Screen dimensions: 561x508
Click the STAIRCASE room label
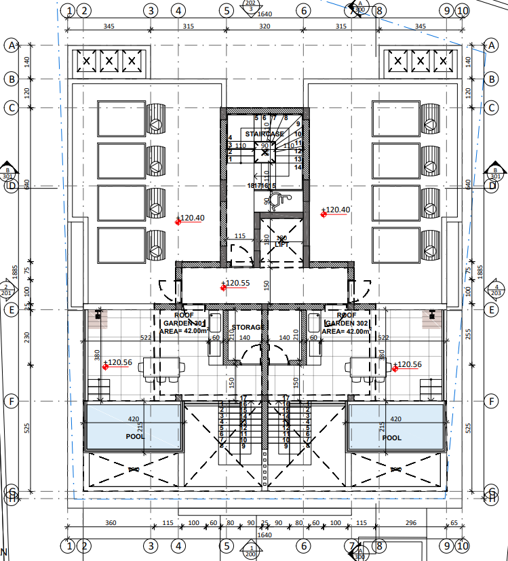(x=265, y=134)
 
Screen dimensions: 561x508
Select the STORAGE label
(x=248, y=327)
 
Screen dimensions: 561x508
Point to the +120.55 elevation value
(x=237, y=283)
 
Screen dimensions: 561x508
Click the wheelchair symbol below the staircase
(x=275, y=199)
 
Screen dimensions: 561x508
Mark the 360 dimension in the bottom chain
(x=111, y=523)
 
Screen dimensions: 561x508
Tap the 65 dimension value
(x=454, y=523)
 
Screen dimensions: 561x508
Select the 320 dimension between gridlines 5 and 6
(x=265, y=26)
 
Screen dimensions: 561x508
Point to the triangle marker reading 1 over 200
(x=251, y=550)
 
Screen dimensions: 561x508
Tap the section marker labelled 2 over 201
(x=8, y=290)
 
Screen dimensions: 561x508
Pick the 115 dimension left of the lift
(x=239, y=236)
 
